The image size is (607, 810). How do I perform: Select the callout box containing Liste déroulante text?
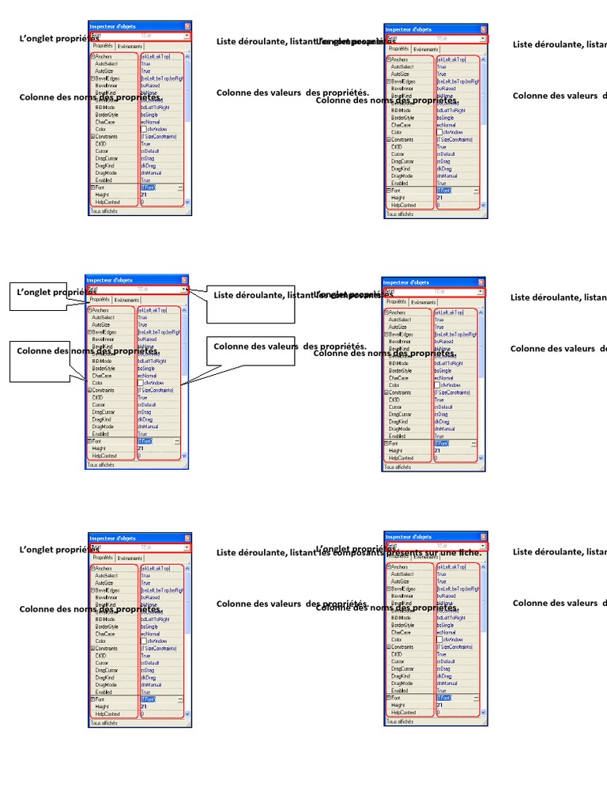(x=250, y=305)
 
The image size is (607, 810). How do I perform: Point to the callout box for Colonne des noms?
(x=47, y=361)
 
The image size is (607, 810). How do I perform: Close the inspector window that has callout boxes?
(x=184, y=280)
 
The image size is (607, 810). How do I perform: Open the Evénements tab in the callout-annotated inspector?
(x=126, y=301)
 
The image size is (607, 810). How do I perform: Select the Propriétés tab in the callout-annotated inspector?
(x=100, y=301)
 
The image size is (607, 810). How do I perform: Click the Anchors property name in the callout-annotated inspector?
(x=100, y=310)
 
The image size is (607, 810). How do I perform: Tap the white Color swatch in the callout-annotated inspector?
(x=141, y=383)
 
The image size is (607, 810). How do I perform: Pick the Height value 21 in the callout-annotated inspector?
(x=141, y=449)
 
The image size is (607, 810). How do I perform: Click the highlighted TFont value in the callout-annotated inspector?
(x=147, y=441)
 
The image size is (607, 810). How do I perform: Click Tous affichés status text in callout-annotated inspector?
(x=101, y=465)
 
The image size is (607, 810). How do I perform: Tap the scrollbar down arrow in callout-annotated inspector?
(x=185, y=456)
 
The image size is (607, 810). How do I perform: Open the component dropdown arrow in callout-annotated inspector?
(x=185, y=290)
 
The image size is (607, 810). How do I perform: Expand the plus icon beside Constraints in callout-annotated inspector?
(x=89, y=390)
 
